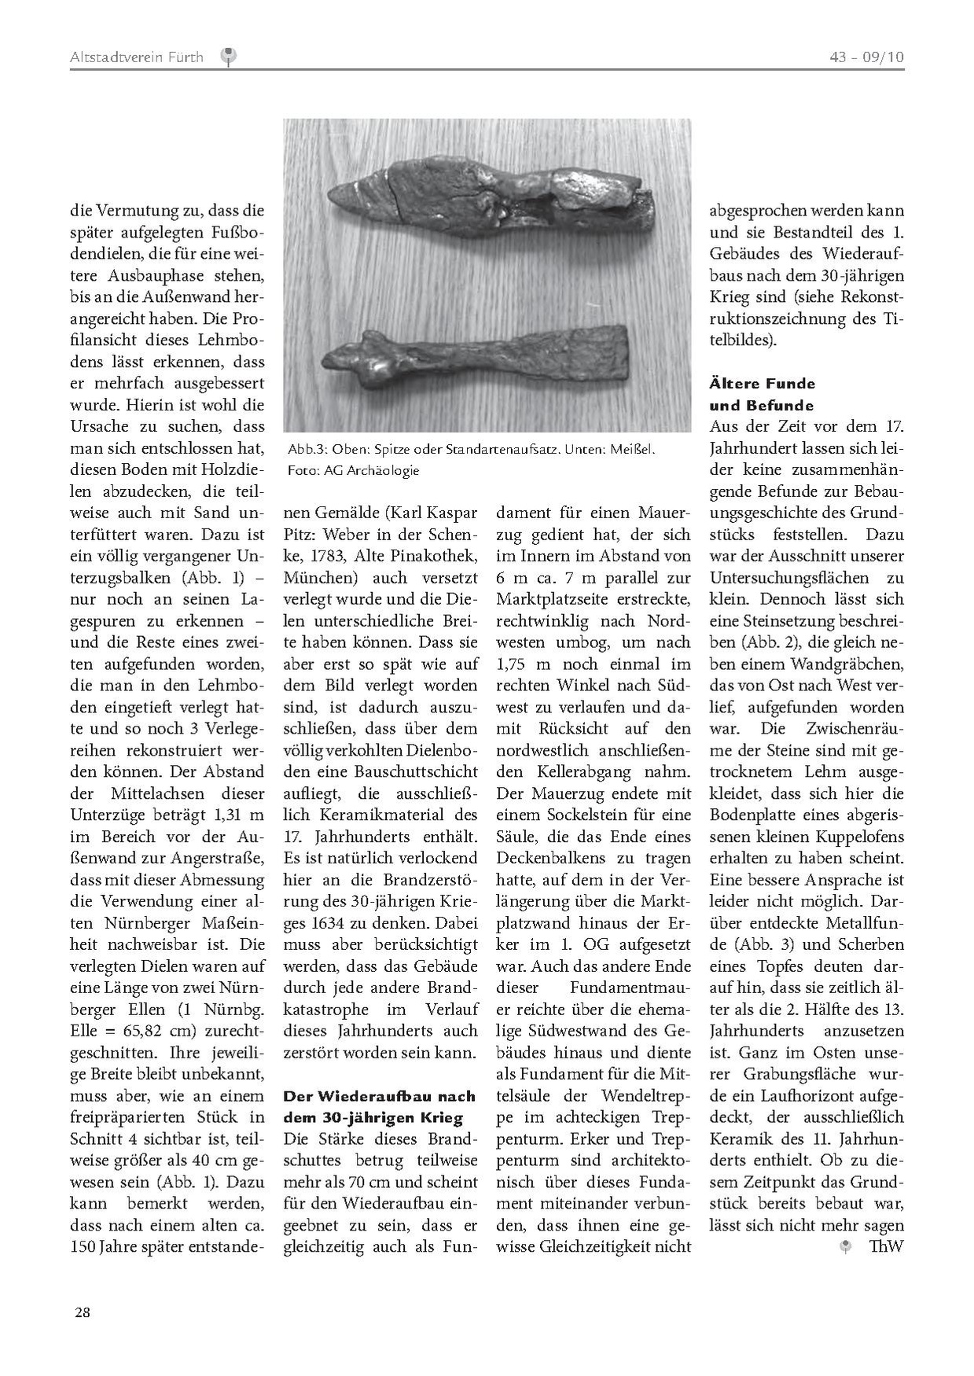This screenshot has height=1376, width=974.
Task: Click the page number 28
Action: (x=83, y=1312)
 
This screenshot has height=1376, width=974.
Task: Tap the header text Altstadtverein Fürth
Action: (x=136, y=57)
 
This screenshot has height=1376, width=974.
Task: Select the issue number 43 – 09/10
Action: (x=866, y=57)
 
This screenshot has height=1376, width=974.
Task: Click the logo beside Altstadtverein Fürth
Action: (x=229, y=56)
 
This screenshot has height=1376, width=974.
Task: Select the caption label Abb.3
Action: (x=302, y=450)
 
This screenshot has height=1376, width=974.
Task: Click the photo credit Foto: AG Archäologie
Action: (x=353, y=470)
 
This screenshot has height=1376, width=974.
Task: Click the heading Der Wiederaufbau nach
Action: (x=379, y=1095)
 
